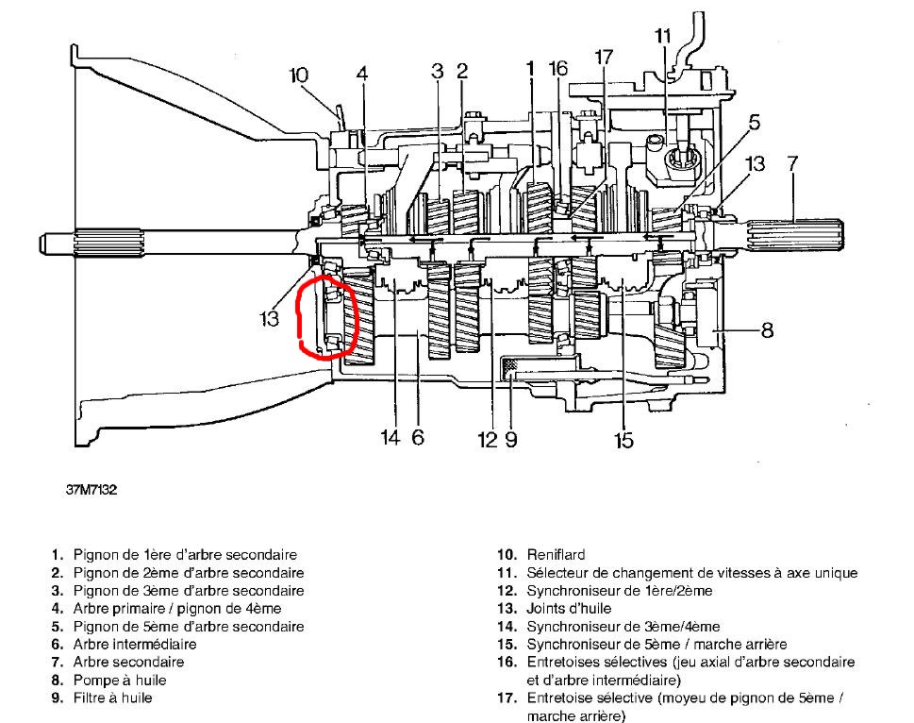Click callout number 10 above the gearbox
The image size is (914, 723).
pyautogui.click(x=298, y=74)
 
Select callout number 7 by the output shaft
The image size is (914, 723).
pyautogui.click(x=792, y=163)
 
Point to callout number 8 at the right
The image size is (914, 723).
pyautogui.click(x=767, y=330)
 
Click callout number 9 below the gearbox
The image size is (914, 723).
pyautogui.click(x=510, y=439)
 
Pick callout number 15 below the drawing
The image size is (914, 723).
pyautogui.click(x=623, y=439)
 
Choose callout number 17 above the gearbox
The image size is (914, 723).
pyautogui.click(x=605, y=57)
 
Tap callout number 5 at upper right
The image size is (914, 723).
pyautogui.click(x=755, y=122)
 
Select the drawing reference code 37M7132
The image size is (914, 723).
pyautogui.click(x=91, y=491)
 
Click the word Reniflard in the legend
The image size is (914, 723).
pyautogui.click(x=556, y=555)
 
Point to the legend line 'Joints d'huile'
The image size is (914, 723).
pyautogui.click(x=569, y=609)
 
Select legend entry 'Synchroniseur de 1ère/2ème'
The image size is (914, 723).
pyautogui.click(x=619, y=591)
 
